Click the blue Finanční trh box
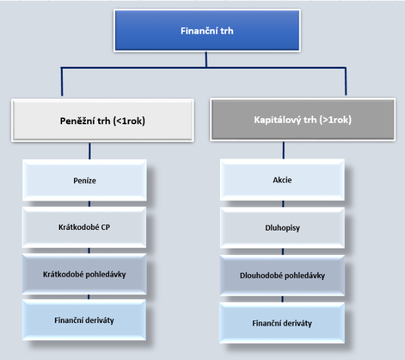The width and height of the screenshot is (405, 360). [207, 31]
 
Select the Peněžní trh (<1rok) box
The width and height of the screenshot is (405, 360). [102, 120]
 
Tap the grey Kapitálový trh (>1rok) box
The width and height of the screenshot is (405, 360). [303, 120]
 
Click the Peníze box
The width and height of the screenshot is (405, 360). [85, 180]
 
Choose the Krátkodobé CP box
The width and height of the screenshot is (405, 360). [84, 227]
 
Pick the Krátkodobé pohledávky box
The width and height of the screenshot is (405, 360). [84, 274]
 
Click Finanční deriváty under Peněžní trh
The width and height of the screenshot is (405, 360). [84, 320]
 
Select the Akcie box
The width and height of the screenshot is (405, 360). [282, 180]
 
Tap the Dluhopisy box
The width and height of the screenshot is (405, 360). [282, 228]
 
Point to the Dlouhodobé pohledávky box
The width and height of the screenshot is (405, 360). [282, 275]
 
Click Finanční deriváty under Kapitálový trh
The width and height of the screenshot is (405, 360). [282, 323]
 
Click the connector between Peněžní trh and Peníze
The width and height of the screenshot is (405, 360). [90, 151]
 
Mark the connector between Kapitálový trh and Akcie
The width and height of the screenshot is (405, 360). [283, 150]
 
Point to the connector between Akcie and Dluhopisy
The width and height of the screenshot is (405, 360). [283, 204]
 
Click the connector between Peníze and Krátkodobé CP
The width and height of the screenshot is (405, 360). [89, 204]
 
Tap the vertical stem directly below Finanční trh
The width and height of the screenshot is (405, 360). [206, 59]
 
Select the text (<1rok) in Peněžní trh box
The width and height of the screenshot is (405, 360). [129, 121]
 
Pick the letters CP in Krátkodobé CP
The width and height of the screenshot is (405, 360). [106, 227]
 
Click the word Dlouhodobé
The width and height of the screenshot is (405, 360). [261, 275]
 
